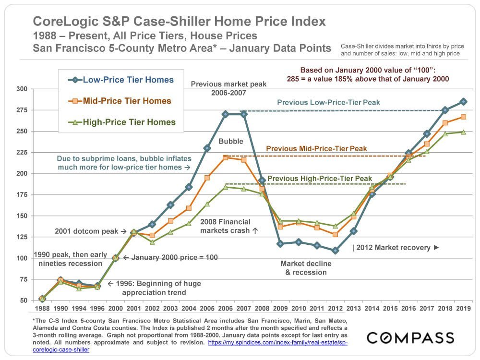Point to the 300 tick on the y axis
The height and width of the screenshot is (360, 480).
tap(21, 89)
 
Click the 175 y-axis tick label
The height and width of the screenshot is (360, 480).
tap(21, 195)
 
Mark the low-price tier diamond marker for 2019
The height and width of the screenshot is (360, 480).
tap(463, 102)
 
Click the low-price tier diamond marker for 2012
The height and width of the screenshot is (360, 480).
tap(335, 251)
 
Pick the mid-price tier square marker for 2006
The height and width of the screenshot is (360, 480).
tap(225, 157)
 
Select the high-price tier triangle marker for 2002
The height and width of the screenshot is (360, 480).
tap(152, 242)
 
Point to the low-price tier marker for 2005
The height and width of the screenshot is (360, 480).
tap(207, 148)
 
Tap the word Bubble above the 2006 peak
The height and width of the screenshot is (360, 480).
tap(231, 142)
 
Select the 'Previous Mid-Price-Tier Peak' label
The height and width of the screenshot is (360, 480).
tap(316, 149)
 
